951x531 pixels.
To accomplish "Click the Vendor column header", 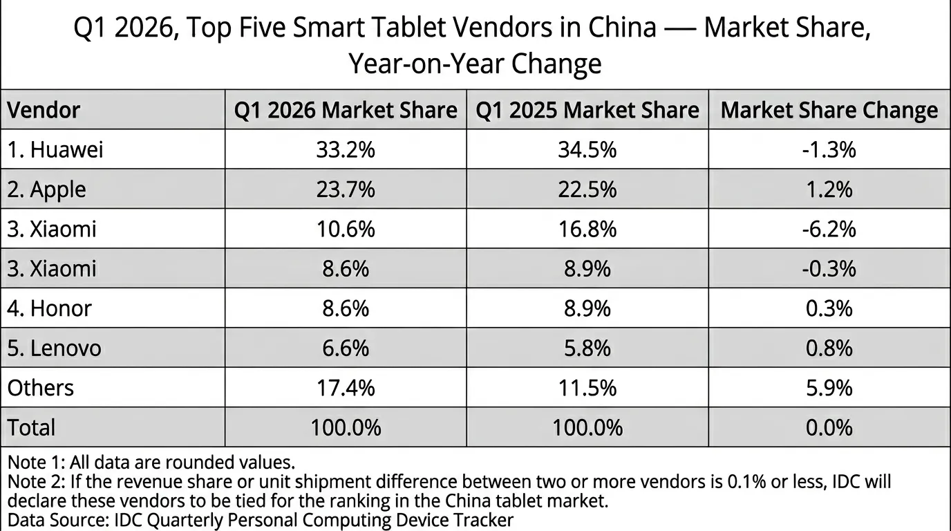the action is tap(44, 110).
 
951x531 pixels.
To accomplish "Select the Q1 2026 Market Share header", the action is tap(346, 110).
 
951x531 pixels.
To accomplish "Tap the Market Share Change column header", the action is tap(829, 110).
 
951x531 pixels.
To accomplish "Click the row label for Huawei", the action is tap(55, 149).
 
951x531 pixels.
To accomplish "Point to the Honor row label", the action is tap(49, 308).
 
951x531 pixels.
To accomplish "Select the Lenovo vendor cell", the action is tap(55, 348).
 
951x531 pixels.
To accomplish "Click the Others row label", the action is tap(41, 388).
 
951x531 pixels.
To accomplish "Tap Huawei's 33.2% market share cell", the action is tap(346, 149).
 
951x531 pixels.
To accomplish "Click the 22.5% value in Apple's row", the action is tap(587, 189).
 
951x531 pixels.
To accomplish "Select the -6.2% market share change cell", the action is tap(829, 229).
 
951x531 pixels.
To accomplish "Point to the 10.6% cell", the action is tap(346, 229).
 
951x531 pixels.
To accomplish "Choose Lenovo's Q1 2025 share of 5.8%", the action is tap(587, 348).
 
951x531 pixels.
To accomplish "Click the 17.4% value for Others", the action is tap(346, 388).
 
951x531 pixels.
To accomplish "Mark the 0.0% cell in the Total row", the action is tap(829, 427).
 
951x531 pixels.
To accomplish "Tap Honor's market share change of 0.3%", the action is tap(829, 308).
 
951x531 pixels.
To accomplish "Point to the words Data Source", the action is tap(58, 520).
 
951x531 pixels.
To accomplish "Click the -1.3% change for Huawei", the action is tap(829, 149).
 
